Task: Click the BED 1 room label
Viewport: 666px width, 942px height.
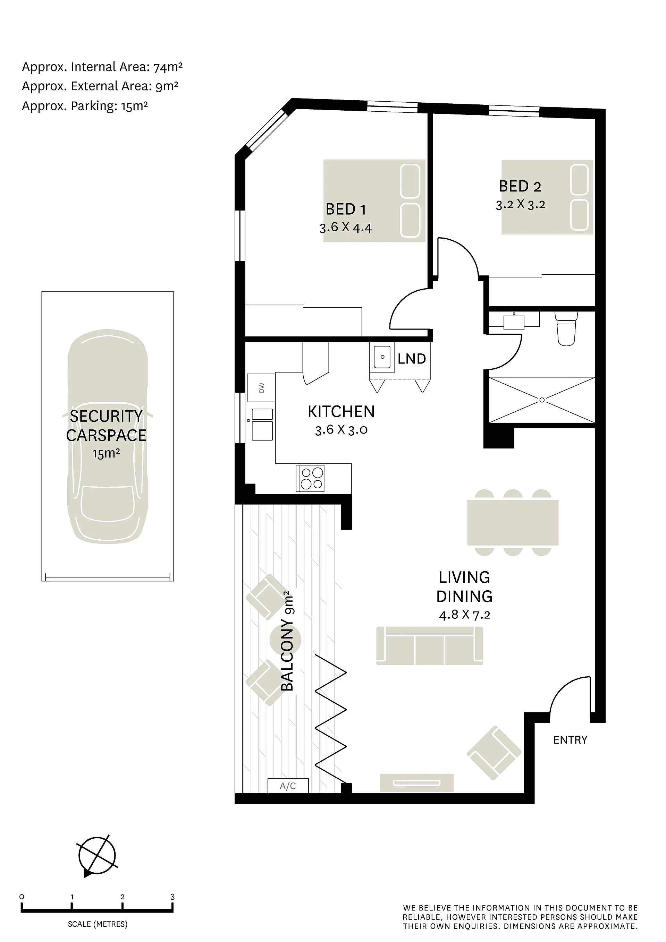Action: (x=345, y=209)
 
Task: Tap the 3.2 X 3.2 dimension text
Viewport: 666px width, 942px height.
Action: (x=520, y=204)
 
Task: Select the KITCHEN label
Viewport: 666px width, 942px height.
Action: (x=341, y=411)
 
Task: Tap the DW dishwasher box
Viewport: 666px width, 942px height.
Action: (x=261, y=388)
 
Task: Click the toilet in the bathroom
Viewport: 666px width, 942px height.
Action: (x=567, y=328)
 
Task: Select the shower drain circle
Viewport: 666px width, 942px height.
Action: (x=542, y=400)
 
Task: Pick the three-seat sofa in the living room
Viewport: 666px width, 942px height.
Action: (x=430, y=646)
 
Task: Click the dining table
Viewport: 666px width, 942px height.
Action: (x=513, y=522)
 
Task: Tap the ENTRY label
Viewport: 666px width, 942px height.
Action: (x=570, y=740)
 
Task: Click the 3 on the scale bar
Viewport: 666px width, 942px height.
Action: (x=172, y=897)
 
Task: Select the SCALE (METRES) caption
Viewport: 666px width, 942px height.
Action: (x=98, y=924)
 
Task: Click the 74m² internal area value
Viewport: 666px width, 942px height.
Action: (x=168, y=67)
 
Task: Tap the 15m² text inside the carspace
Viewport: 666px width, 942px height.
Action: (x=106, y=453)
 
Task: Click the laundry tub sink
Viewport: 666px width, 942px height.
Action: (x=382, y=357)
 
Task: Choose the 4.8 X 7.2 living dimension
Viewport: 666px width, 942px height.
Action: (x=464, y=615)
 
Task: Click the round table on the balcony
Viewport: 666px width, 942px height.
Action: (x=285, y=640)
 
